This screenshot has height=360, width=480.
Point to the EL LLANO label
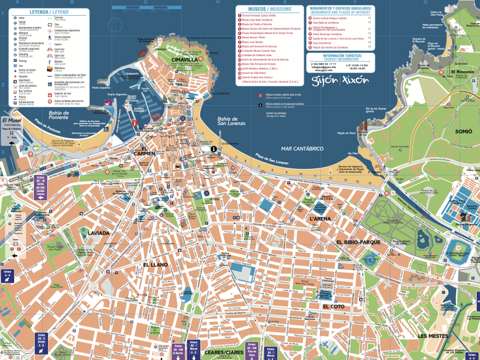point(155,264)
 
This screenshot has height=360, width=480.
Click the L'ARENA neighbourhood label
point(320,219)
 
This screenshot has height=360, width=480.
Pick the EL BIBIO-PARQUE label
point(358,242)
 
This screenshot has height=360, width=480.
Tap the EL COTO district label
point(333,307)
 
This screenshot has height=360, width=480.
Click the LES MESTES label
point(433,336)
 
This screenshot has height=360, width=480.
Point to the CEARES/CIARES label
point(223,352)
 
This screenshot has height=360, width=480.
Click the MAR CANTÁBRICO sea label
point(302,148)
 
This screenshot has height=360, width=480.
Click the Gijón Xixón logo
point(340,79)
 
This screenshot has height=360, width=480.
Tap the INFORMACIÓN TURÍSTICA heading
point(340,56)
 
